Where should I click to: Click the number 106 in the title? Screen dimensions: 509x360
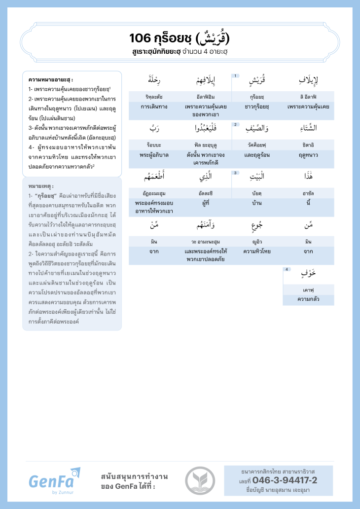pyautogui.click(x=139, y=38)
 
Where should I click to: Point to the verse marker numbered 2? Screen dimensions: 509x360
pyautogui.click(x=236, y=124)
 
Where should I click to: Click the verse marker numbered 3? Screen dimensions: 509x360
pyautogui.click(x=236, y=173)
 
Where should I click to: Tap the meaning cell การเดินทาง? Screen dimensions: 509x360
pyautogui.click(x=154, y=106)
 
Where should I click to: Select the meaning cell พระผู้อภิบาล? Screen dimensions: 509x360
pyautogui.click(x=154, y=154)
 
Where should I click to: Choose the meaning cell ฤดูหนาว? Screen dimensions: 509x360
pyautogui.click(x=308, y=154)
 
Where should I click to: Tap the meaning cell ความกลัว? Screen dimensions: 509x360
pyautogui.click(x=308, y=299)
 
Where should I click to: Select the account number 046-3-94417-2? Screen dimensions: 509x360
pyautogui.click(x=285, y=480)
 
